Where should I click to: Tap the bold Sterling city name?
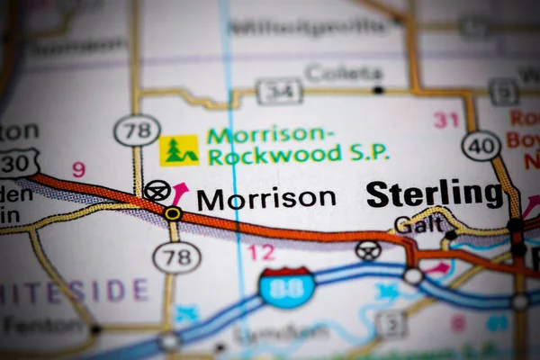tap(434, 193)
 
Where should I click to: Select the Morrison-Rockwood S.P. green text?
tap(298, 145)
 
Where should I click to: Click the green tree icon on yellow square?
tap(179, 150)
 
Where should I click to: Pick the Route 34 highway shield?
tap(279, 90)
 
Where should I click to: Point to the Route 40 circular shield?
tap(481, 146)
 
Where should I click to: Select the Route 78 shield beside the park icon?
tap(137, 131)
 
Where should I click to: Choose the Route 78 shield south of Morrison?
tap(175, 258)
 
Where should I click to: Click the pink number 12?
tap(261, 253)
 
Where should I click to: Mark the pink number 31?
tap(445, 119)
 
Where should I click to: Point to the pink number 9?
tap(78, 168)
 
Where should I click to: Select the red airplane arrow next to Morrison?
tap(180, 191)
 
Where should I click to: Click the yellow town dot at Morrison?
tap(172, 213)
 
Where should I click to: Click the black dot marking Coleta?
tap(379, 90)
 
